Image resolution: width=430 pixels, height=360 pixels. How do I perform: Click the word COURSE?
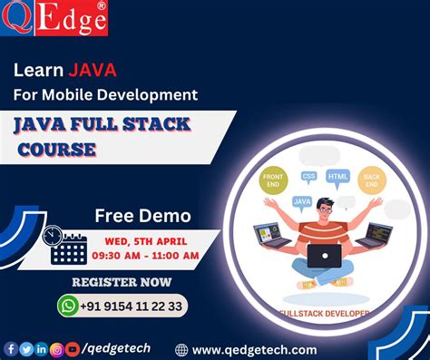pos(55,148)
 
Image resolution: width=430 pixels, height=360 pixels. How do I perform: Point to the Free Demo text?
pos(142,216)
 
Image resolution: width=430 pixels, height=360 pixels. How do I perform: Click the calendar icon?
pos(68,248)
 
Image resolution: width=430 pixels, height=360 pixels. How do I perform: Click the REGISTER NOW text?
pos(122,281)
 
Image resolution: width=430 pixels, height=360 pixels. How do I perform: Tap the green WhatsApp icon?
pos(69,306)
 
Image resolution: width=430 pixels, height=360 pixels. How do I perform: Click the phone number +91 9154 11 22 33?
pos(131,306)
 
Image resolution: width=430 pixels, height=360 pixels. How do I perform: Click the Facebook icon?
pos(11,348)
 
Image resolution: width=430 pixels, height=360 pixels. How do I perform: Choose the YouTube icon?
pos(73,348)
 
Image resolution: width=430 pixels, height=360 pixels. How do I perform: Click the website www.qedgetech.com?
pos(254,349)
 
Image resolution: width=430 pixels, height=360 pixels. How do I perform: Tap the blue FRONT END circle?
pos(273,180)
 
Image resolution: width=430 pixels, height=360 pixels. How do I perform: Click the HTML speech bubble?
pos(338,176)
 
